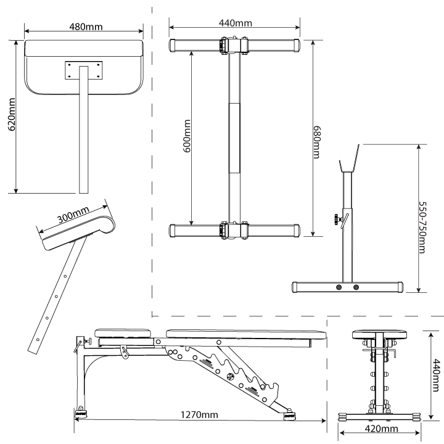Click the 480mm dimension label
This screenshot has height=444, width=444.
85,27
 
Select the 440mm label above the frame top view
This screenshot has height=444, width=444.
236,23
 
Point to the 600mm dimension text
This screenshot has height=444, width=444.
187,138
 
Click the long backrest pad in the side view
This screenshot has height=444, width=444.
247,334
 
